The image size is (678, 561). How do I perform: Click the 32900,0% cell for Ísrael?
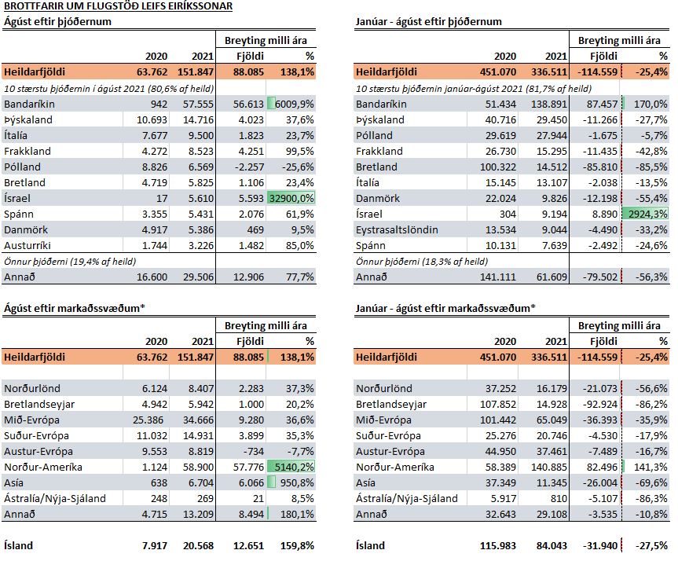click(291, 198)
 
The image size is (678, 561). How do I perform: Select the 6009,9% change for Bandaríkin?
click(295, 104)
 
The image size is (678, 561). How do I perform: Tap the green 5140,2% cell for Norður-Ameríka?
click(291, 467)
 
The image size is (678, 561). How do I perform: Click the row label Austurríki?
click(27, 245)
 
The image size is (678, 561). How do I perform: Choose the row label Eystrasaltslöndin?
click(397, 229)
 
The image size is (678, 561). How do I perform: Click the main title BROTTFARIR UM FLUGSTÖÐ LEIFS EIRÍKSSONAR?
click(118, 6)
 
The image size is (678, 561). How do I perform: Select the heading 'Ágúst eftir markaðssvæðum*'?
click(75, 308)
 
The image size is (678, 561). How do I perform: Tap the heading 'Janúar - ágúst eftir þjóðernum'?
click(428, 22)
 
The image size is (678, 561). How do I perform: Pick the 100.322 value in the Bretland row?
click(497, 167)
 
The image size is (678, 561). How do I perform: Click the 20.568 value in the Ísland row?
click(198, 545)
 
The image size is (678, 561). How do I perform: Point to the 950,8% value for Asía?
click(297, 482)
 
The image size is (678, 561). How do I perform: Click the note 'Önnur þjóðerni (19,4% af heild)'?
click(70, 262)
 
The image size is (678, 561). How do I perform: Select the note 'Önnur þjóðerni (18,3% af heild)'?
click(422, 262)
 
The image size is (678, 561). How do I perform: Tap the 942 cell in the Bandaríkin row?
click(159, 104)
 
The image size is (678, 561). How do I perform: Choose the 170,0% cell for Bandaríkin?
click(651, 104)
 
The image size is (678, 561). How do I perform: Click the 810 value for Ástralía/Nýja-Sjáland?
click(559, 498)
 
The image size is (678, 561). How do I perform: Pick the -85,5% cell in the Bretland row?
click(651, 167)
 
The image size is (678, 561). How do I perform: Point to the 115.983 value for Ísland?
click(497, 545)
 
